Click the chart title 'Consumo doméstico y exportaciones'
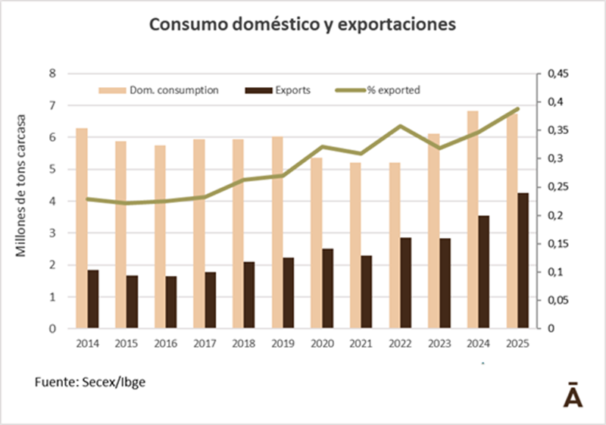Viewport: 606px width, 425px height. pyautogui.click(x=303, y=25)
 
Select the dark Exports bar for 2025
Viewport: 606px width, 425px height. pyautogui.click(x=523, y=261)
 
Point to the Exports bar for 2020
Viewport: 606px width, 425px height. pyautogui.click(x=327, y=289)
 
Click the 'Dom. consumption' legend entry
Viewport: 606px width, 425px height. pyautogui.click(x=159, y=89)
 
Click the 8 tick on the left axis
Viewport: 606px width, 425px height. pyautogui.click(x=52, y=73)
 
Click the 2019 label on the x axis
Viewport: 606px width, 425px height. pyautogui.click(x=283, y=342)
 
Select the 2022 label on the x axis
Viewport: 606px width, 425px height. pyautogui.click(x=400, y=342)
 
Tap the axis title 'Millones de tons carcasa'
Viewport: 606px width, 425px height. pyautogui.click(x=23, y=186)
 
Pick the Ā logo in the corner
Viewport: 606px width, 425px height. pyautogui.click(x=573, y=395)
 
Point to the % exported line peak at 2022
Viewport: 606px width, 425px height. pyautogui.click(x=401, y=126)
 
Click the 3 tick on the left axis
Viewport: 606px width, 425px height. pyautogui.click(x=52, y=233)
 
